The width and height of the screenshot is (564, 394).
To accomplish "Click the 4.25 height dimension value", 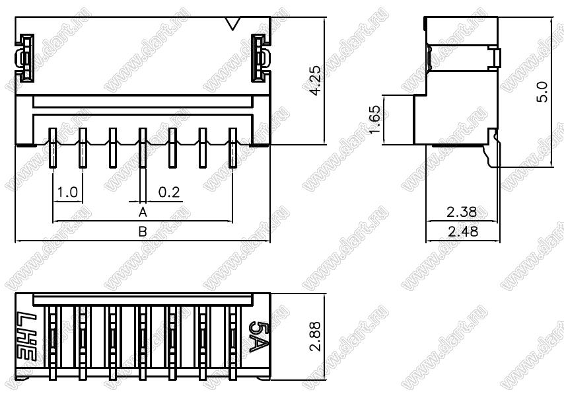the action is pyautogui.click(x=316, y=80).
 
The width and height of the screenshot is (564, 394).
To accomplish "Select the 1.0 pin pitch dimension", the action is pyautogui.click(x=67, y=192).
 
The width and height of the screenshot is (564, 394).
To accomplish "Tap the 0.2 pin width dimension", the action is pyautogui.click(x=169, y=192).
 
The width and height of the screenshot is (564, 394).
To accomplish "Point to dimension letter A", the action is pyautogui.click(x=143, y=212).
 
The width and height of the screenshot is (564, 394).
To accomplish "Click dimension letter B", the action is pyautogui.click(x=143, y=231).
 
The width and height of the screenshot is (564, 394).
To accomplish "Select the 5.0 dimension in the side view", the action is pyautogui.click(x=542, y=92).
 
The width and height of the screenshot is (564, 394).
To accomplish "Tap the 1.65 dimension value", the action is pyautogui.click(x=374, y=119).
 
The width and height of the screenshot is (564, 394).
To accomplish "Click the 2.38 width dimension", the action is pyautogui.click(x=462, y=212).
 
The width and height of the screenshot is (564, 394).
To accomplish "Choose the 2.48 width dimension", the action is pyautogui.click(x=463, y=231).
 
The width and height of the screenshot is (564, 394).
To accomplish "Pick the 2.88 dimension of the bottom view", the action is pyautogui.click(x=316, y=336).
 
